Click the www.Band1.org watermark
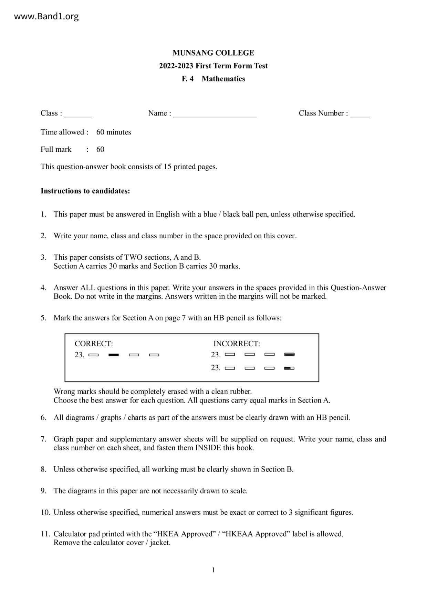point(46,17)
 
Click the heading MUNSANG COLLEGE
point(213,53)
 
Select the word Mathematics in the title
point(223,79)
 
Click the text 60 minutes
point(114,132)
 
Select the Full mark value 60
point(100,150)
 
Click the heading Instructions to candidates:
point(85,191)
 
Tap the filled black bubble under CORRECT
point(114,355)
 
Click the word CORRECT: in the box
point(94,344)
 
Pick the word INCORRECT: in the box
point(237,344)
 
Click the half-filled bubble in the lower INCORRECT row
point(289,368)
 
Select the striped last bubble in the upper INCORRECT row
point(289,355)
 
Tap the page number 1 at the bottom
point(213,570)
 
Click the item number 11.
point(45,534)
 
